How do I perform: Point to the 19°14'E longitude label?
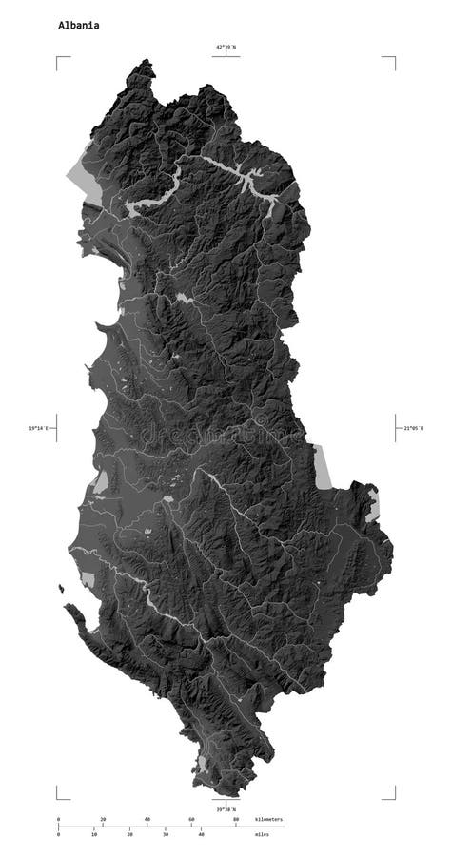click(39, 428)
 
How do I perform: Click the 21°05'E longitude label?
click(410, 428)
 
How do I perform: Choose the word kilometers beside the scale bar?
click(269, 819)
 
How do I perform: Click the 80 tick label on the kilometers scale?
click(236, 819)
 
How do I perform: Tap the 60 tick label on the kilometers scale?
click(191, 819)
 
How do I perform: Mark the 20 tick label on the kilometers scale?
click(103, 819)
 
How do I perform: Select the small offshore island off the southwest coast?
click(62, 589)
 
